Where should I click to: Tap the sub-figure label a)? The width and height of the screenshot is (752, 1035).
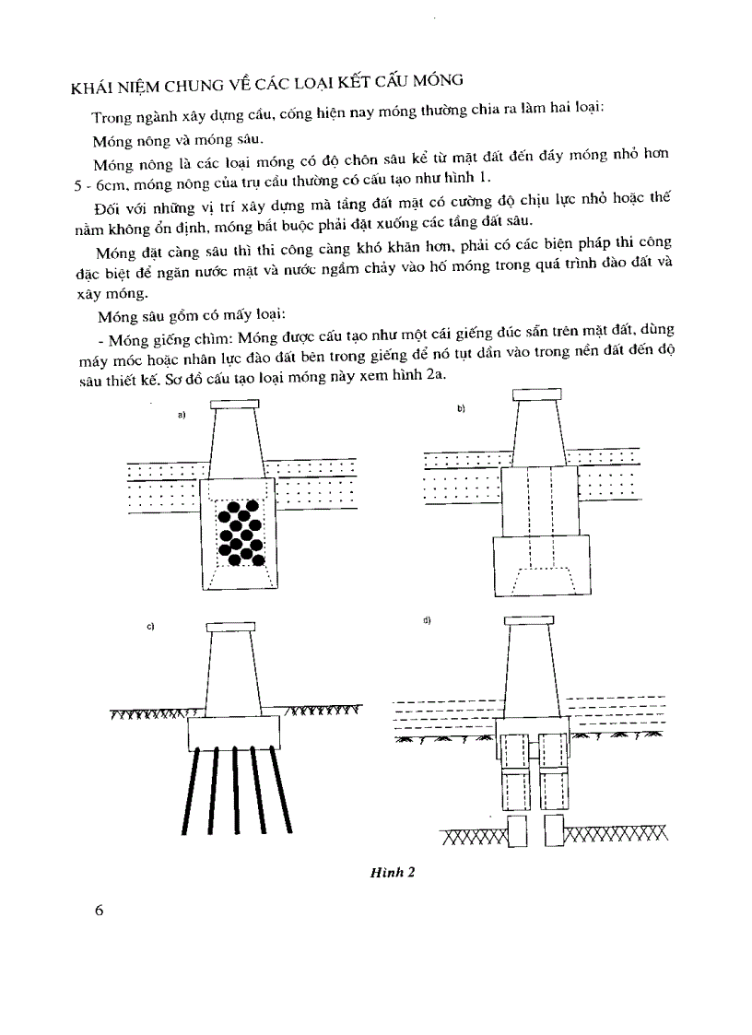click(182, 416)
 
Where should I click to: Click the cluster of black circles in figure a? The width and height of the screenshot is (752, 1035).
click(240, 533)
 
